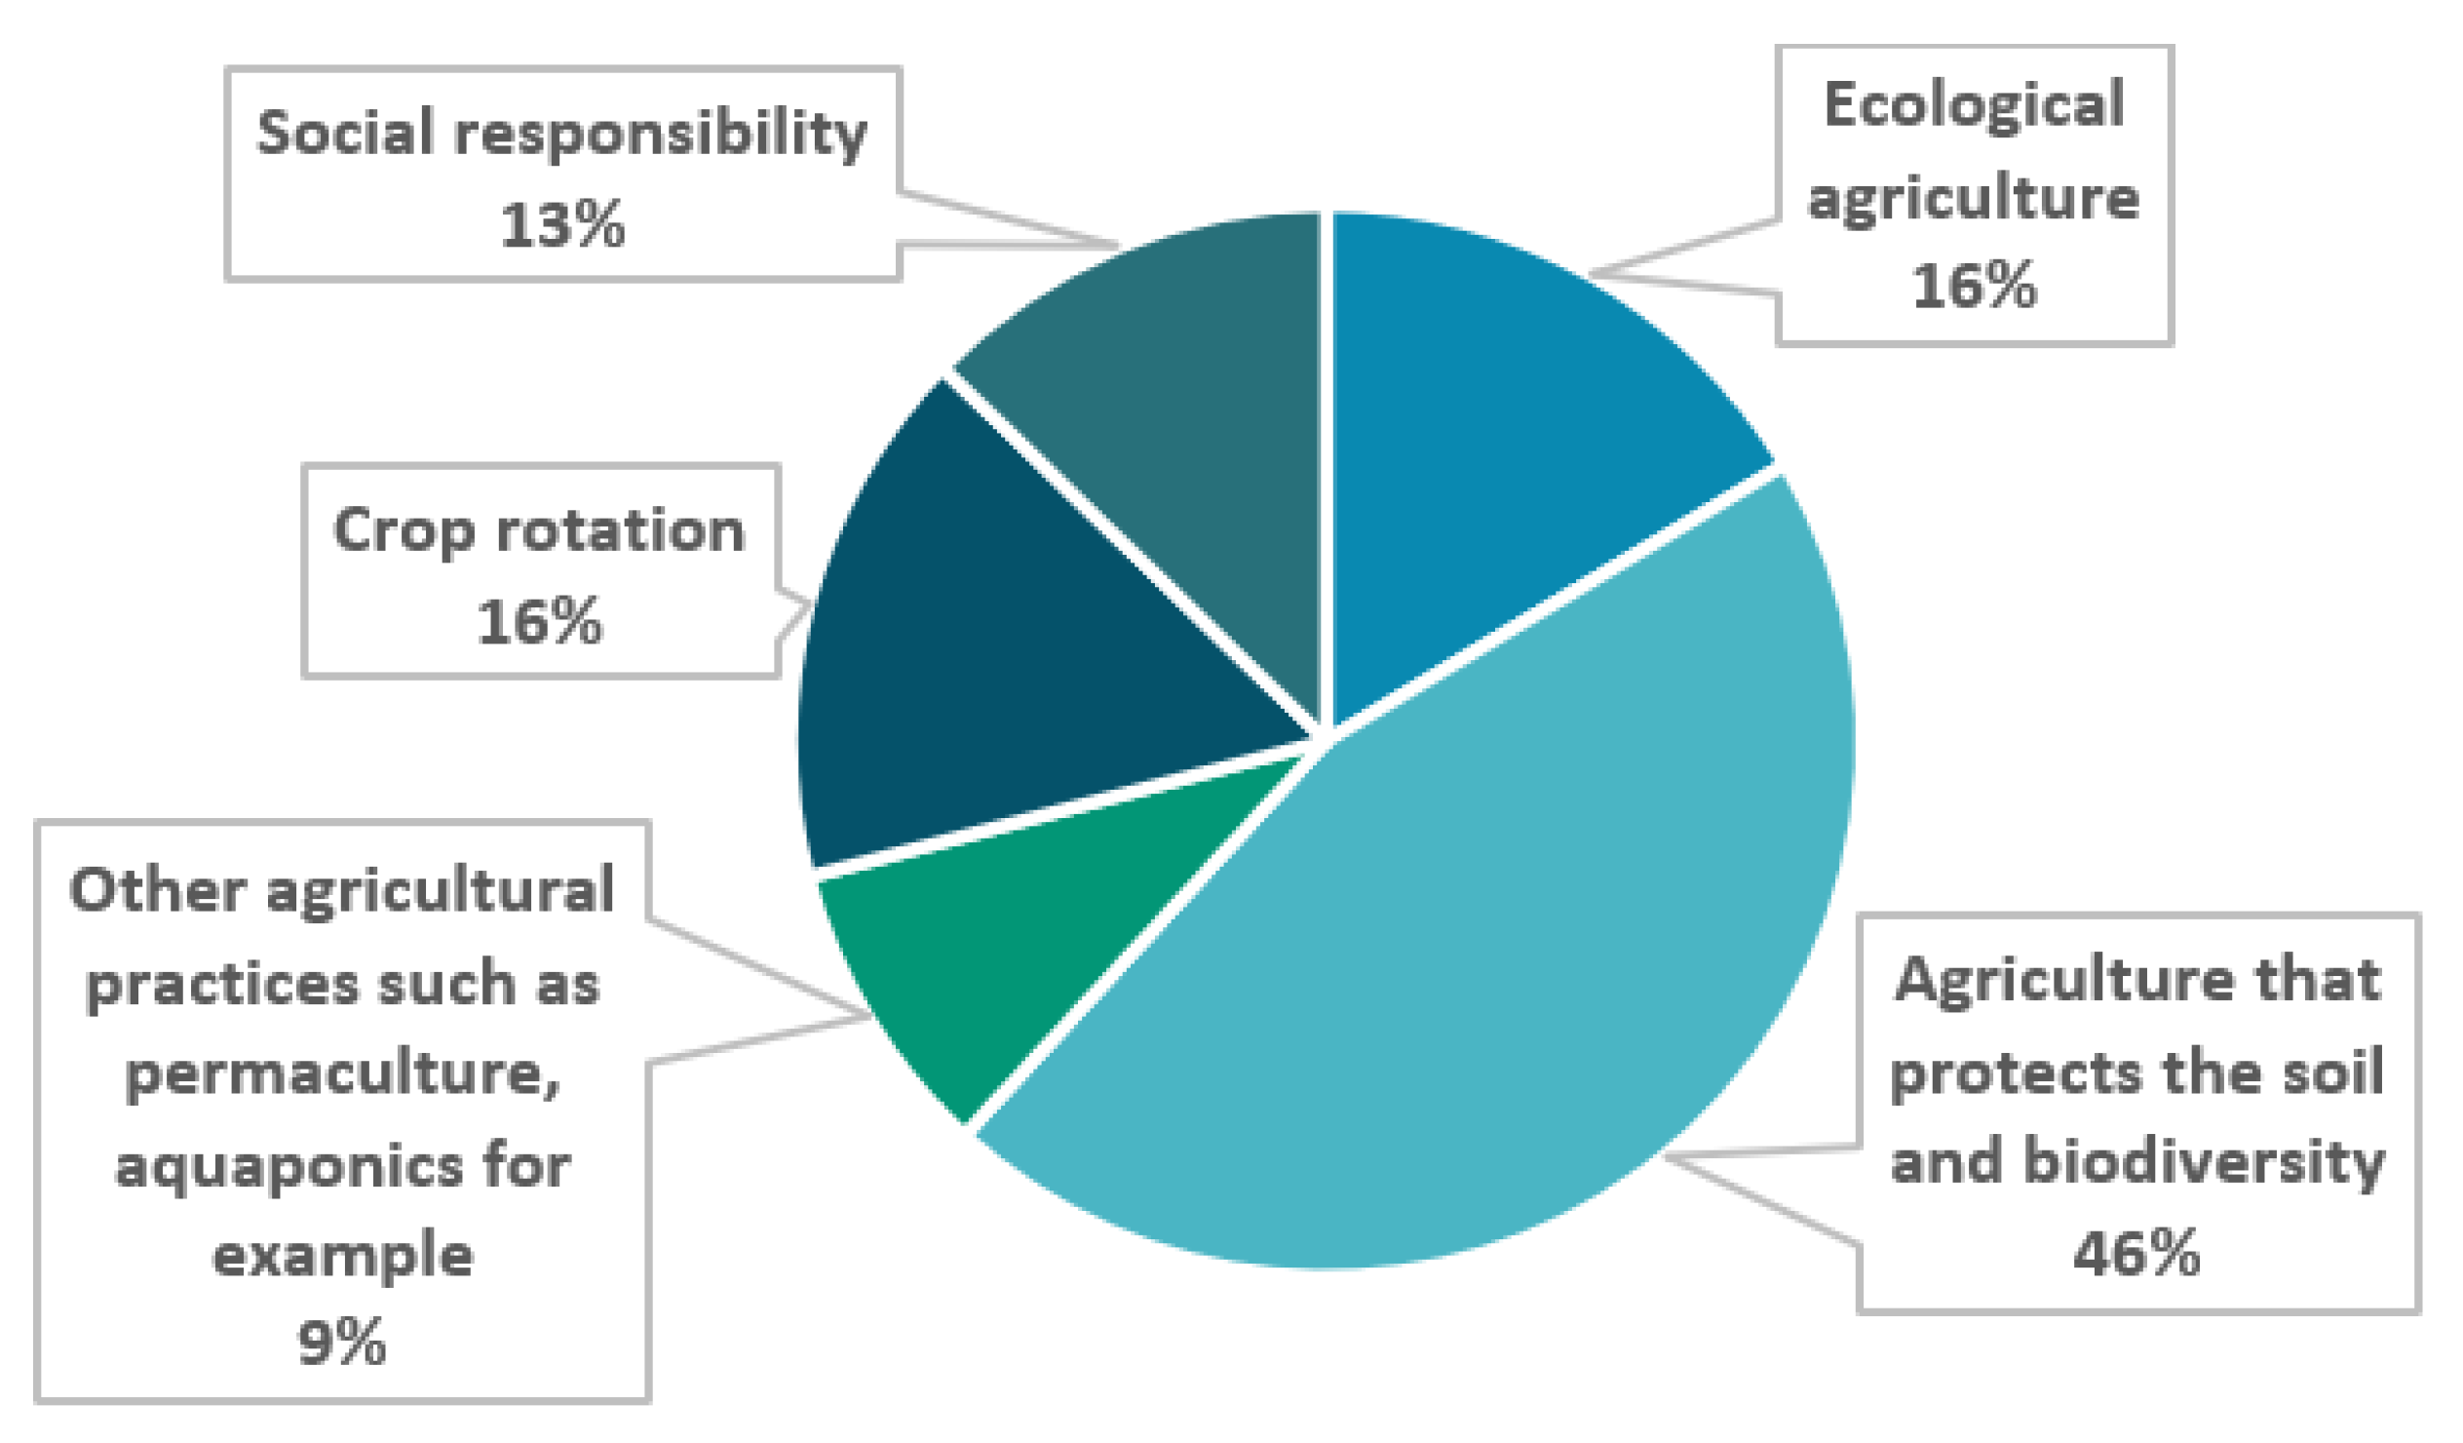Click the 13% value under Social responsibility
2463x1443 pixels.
562,225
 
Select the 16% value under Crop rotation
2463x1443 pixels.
540,622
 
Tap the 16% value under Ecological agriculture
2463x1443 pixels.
1975,287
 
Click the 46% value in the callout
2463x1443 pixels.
2136,1254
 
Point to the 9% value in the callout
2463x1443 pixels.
342,1344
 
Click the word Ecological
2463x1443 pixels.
1975,105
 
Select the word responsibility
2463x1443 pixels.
661,135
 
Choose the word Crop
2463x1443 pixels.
404,530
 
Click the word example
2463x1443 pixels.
342,1256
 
